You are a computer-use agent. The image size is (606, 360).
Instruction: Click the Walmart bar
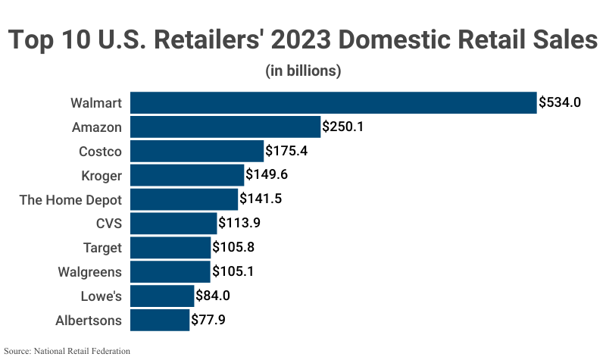(x=333, y=102)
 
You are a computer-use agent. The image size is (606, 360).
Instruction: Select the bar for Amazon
(x=226, y=127)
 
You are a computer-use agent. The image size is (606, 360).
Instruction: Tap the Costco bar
(x=197, y=151)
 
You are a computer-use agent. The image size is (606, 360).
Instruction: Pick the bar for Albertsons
(x=160, y=320)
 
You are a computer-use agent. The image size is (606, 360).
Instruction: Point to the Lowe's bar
(x=162, y=296)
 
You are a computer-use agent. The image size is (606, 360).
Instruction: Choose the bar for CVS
(x=173, y=224)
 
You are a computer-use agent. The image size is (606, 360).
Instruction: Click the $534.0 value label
(x=560, y=102)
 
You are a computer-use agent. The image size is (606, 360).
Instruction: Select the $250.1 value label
(x=343, y=127)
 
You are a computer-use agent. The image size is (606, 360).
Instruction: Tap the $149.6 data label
(x=267, y=175)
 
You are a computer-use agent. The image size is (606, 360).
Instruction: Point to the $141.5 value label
(x=261, y=199)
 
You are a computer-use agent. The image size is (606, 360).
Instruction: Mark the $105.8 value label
(x=233, y=248)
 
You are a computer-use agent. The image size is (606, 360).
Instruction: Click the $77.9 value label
(x=208, y=320)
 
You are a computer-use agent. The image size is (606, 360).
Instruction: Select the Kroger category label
(x=101, y=175)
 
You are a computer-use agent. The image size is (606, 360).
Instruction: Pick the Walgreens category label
(x=89, y=272)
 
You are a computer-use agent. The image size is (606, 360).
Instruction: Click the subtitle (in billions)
(x=303, y=71)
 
